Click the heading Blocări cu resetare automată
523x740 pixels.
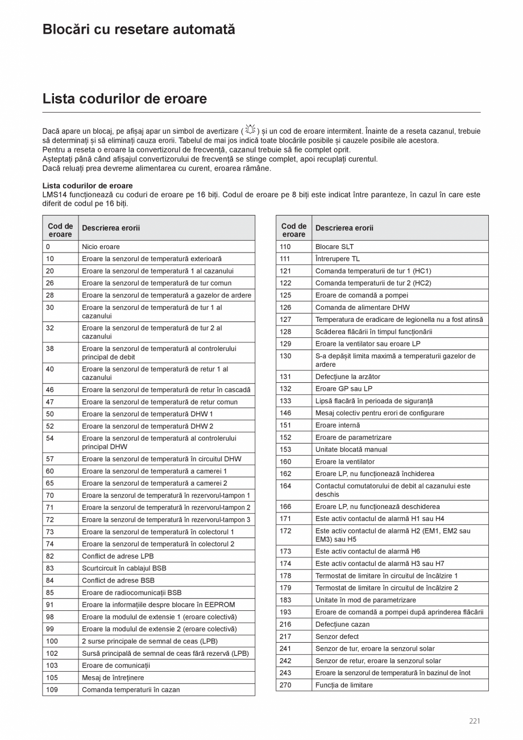point(139,30)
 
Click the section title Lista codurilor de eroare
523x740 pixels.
point(124,99)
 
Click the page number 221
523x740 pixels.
point(475,721)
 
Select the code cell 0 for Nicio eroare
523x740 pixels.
point(48,247)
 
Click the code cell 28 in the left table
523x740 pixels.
point(50,295)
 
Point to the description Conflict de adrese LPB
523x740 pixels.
point(118,556)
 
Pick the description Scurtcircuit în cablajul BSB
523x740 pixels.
point(124,568)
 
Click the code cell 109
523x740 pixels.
point(52,690)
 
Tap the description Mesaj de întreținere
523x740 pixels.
point(113,677)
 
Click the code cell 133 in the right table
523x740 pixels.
point(285,401)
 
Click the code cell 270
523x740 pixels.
point(285,685)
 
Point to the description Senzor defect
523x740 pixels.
point(337,636)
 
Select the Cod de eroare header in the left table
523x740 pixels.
point(60,230)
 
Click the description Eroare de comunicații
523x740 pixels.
point(116,665)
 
